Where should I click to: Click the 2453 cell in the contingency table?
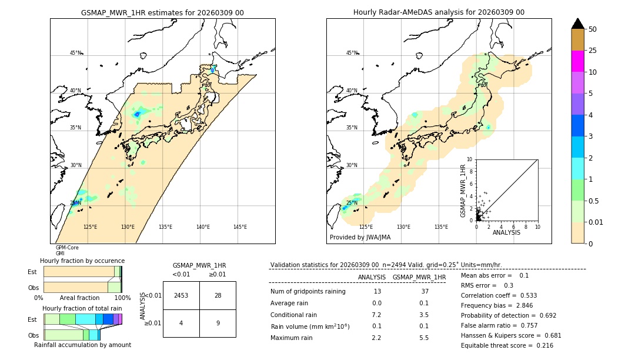(181, 295)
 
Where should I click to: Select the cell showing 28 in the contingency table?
(218, 295)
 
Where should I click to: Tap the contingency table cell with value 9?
(218, 323)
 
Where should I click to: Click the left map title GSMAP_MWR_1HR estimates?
(162, 12)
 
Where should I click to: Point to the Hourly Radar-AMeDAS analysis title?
(439, 12)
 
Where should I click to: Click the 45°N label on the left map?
(75, 53)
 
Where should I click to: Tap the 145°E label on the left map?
(240, 227)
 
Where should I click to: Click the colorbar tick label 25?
(593, 51)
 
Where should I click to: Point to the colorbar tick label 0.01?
(596, 222)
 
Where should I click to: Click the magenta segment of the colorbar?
(577, 61)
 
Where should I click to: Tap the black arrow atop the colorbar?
(577, 24)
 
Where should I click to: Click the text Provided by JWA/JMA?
(360, 237)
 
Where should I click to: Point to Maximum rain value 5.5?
(423, 338)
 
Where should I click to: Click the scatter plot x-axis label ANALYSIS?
(506, 232)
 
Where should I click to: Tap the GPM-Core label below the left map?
(67, 248)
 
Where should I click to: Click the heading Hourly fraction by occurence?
(82, 261)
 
